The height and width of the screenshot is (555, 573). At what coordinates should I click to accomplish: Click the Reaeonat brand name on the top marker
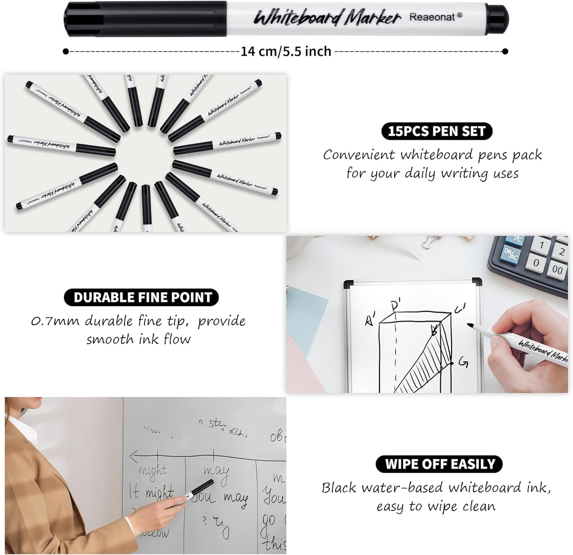pyautogui.click(x=435, y=17)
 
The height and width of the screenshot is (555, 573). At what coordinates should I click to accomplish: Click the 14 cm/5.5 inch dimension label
pyautogui.click(x=286, y=51)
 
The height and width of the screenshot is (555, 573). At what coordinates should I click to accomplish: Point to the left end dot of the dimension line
pyautogui.click(x=66, y=51)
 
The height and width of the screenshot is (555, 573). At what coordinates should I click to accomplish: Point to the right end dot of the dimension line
pyautogui.click(x=505, y=51)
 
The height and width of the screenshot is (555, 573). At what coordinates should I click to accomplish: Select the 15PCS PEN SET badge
pyautogui.click(x=437, y=131)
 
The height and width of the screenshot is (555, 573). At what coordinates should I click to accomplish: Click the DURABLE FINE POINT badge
pyautogui.click(x=142, y=297)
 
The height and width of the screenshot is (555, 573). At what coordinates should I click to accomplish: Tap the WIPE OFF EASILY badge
pyautogui.click(x=439, y=464)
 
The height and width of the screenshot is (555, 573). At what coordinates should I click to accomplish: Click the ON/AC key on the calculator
pyautogui.click(x=511, y=254)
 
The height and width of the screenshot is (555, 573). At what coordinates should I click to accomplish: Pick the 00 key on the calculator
pyautogui.click(x=557, y=270)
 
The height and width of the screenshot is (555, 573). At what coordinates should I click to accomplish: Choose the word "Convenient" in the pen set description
pyautogui.click(x=359, y=155)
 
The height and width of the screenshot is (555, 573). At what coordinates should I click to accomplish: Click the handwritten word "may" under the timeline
pyautogui.click(x=217, y=472)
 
